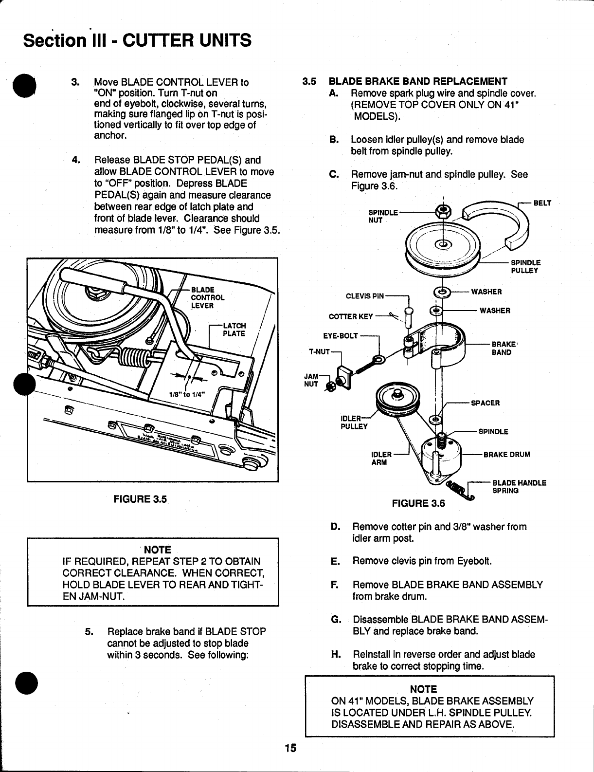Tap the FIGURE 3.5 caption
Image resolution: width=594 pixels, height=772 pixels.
click(x=140, y=499)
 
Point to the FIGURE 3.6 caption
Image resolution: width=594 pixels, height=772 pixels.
click(x=418, y=504)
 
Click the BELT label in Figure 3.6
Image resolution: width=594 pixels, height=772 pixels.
click(x=542, y=203)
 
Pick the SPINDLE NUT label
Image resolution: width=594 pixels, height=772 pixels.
click(x=383, y=216)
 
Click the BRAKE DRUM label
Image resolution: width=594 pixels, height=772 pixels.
click(x=506, y=455)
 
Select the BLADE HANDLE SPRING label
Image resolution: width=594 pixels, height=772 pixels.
click(x=519, y=487)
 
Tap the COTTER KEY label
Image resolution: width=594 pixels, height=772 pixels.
click(x=351, y=317)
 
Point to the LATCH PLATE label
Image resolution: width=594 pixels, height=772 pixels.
click(x=234, y=330)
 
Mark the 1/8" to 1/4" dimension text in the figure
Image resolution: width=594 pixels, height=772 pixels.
click(x=187, y=395)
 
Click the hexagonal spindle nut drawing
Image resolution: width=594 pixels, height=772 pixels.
click(x=443, y=211)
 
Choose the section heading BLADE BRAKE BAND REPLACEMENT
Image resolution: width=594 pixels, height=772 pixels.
click(x=418, y=81)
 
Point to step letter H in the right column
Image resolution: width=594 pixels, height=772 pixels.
click(x=335, y=654)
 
